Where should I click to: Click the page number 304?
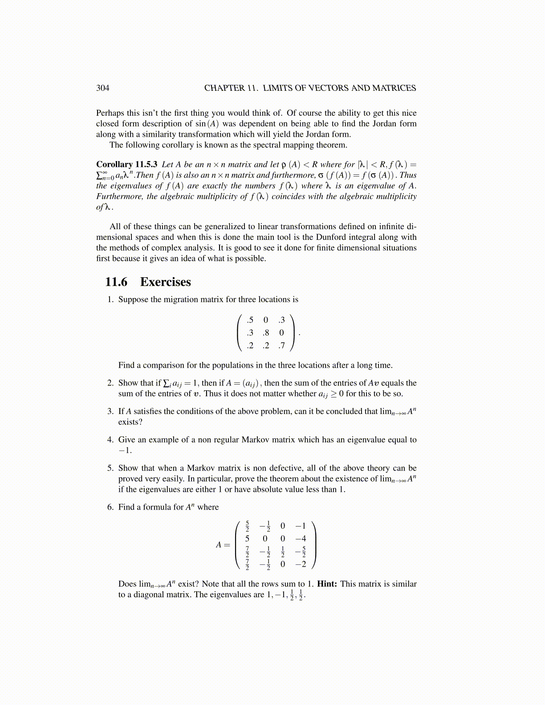[102, 88]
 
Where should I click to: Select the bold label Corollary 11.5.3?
[127, 164]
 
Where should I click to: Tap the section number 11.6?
[116, 282]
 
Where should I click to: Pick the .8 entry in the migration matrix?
[265, 332]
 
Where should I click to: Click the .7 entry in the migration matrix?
[281, 345]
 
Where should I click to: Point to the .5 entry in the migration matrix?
[250, 320]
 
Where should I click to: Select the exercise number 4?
[110, 440]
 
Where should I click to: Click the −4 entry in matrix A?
[301, 539]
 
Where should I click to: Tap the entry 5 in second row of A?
[247, 539]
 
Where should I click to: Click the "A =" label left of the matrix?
[223, 545]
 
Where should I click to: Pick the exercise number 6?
[110, 507]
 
